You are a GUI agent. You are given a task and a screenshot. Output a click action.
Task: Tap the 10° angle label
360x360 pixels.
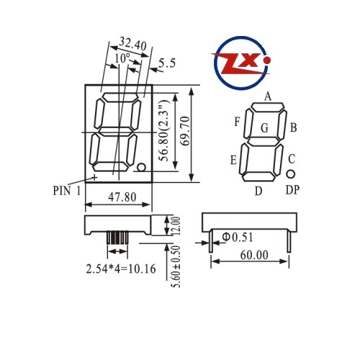[x=122, y=58]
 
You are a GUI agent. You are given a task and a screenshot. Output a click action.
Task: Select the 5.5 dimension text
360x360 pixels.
[x=167, y=63]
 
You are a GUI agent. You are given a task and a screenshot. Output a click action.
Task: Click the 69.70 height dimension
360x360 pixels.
[x=185, y=131]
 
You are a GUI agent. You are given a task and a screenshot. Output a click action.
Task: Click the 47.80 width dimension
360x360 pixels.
[x=122, y=197]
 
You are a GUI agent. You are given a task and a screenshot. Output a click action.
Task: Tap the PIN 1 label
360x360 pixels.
[x=67, y=191]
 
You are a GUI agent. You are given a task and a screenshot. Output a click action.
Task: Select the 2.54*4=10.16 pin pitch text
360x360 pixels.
[x=121, y=269]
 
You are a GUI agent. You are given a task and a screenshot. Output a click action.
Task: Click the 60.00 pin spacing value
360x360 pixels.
[x=254, y=255]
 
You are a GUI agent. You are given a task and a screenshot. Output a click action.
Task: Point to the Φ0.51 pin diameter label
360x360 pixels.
[x=238, y=237]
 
